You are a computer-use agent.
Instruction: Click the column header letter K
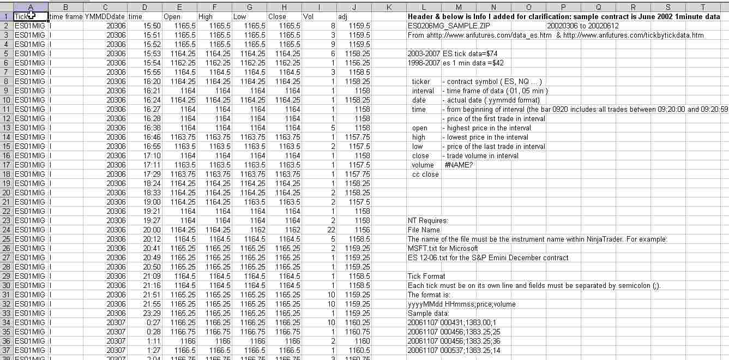pos(389,7)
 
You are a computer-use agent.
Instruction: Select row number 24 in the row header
pos(6,230)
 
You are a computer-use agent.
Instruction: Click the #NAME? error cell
pos(459,165)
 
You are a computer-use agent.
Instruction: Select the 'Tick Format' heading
pos(426,276)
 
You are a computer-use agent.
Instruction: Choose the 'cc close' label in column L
pos(425,174)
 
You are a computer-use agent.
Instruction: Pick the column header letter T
pos(703,7)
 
